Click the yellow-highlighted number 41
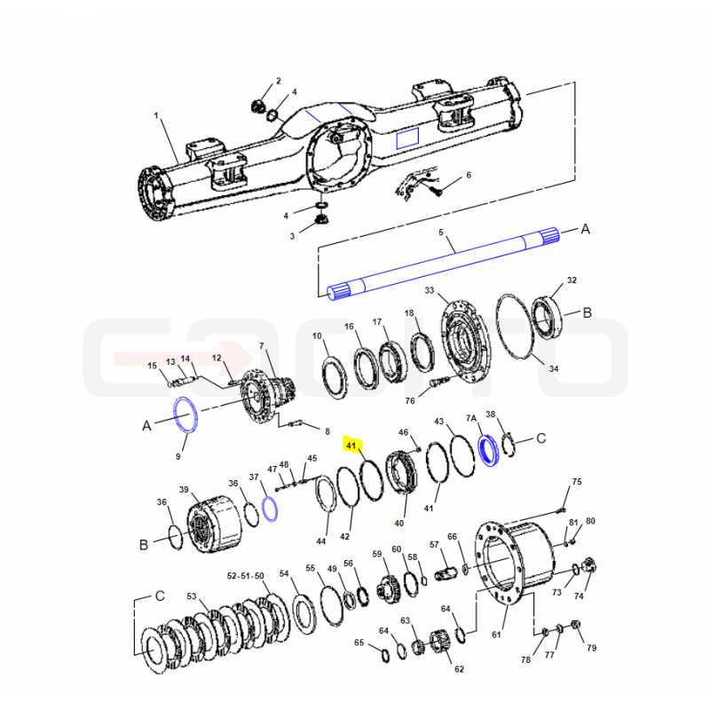(351, 446)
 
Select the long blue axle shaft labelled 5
(444, 264)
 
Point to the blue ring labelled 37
(270, 509)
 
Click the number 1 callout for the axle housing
(156, 115)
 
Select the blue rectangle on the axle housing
(407, 138)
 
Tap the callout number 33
(430, 290)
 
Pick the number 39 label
(184, 490)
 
